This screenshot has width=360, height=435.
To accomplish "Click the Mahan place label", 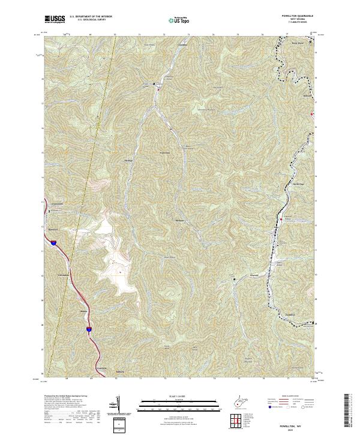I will tap(83, 312).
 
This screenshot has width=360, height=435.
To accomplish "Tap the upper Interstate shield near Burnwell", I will tap(53, 243).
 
